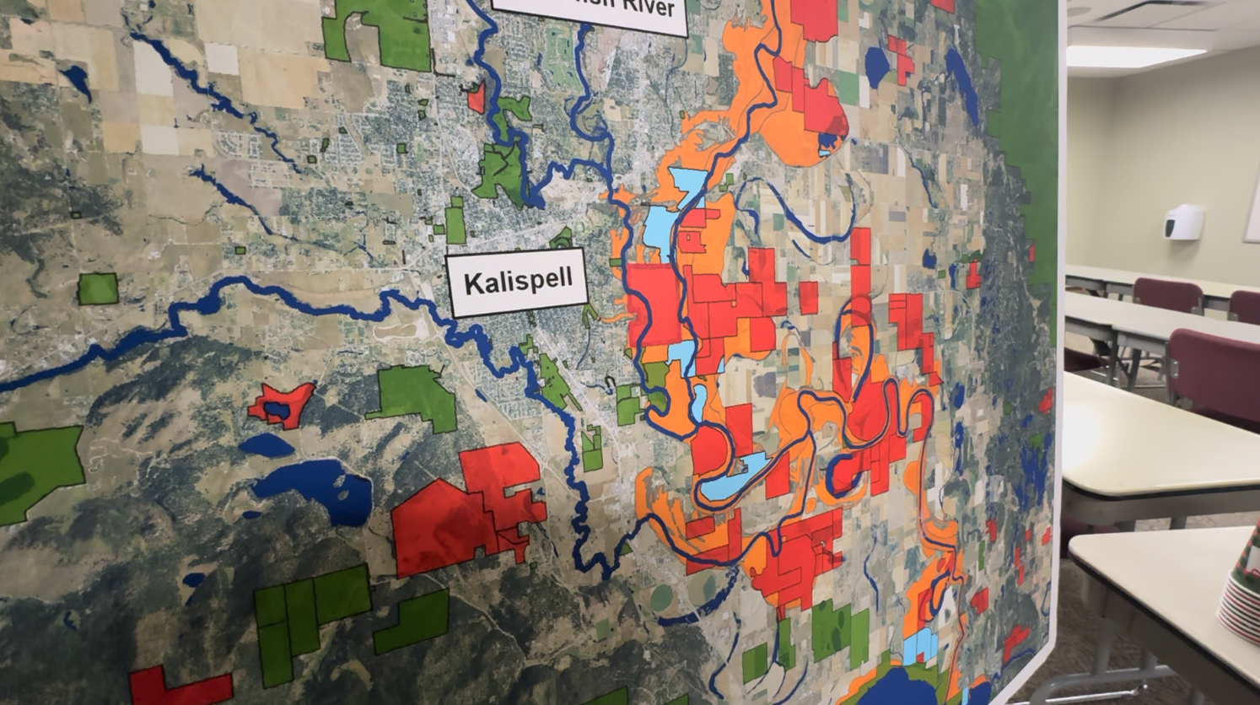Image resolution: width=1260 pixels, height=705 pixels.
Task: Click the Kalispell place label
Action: pos(518,282)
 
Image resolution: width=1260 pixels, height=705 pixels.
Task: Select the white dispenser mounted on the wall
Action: pos(1184,222)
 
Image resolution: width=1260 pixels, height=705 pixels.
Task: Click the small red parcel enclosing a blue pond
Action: pos(281,404)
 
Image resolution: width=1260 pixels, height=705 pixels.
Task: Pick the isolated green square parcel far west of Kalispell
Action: pos(98,288)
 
